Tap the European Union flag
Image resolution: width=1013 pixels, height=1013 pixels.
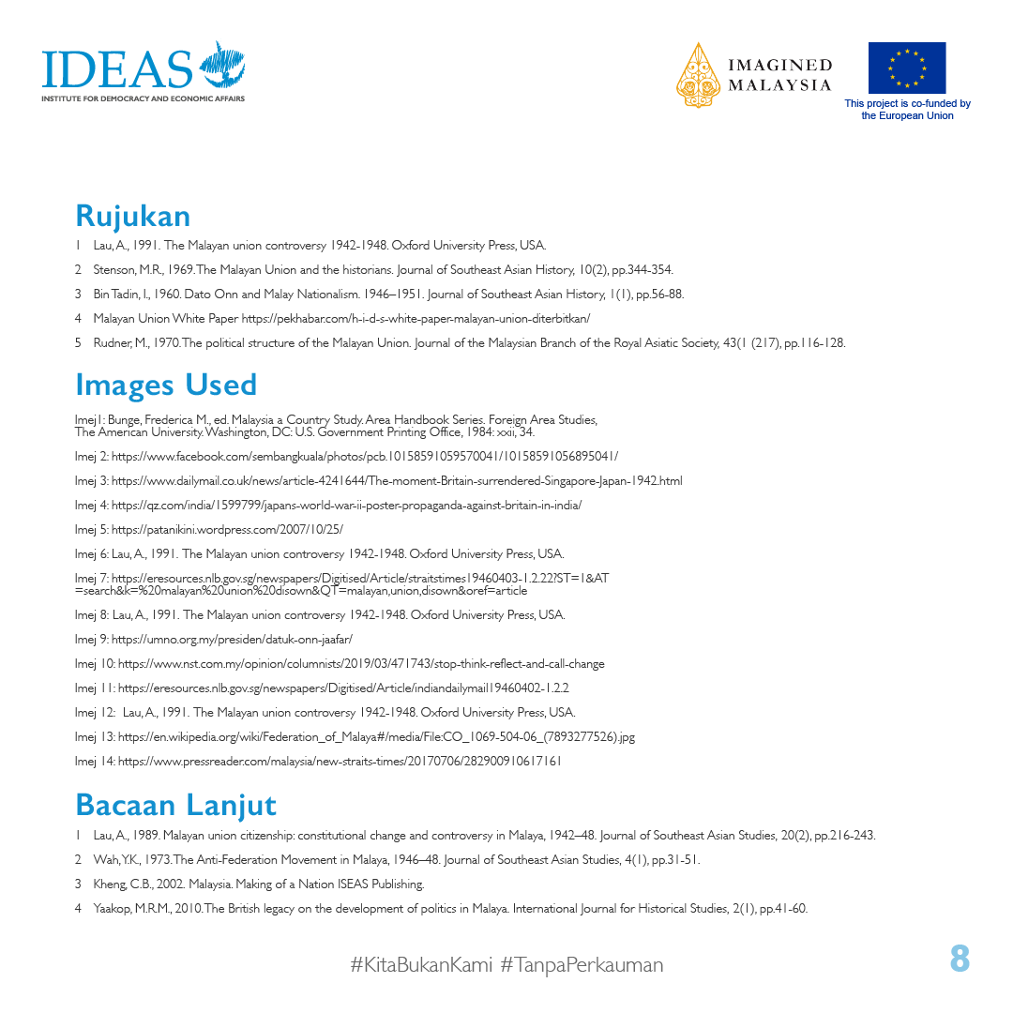coord(906,68)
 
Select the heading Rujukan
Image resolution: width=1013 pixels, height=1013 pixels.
coord(132,216)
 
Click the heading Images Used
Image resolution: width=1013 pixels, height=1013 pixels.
coord(166,385)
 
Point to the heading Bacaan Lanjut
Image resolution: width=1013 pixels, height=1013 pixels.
coord(175,805)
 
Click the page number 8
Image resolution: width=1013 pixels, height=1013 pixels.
coord(959,960)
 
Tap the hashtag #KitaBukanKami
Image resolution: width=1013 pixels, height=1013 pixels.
coord(421,964)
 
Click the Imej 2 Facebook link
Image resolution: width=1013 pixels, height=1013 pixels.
coord(364,456)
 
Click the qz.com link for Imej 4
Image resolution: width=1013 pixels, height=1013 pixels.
coord(346,505)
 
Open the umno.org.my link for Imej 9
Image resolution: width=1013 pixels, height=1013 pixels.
coord(231,639)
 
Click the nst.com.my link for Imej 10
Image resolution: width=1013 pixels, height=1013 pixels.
coord(361,663)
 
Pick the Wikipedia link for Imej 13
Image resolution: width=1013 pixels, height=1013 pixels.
coord(376,736)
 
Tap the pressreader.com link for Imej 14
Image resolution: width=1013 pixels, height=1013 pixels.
coord(340,761)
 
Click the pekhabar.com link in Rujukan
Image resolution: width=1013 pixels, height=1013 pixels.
coord(416,318)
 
